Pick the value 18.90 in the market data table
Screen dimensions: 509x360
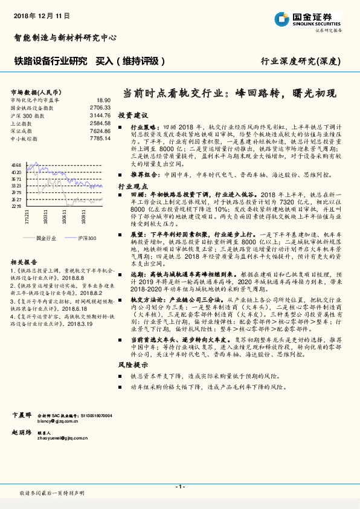[x=103, y=100]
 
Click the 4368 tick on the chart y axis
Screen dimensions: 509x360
[x=16, y=165]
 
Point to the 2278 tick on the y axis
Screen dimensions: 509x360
[x=16, y=206]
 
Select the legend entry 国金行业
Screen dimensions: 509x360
[x=46, y=239]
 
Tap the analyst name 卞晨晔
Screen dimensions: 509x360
[x=22, y=415]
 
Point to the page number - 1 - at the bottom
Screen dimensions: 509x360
[x=179, y=487]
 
